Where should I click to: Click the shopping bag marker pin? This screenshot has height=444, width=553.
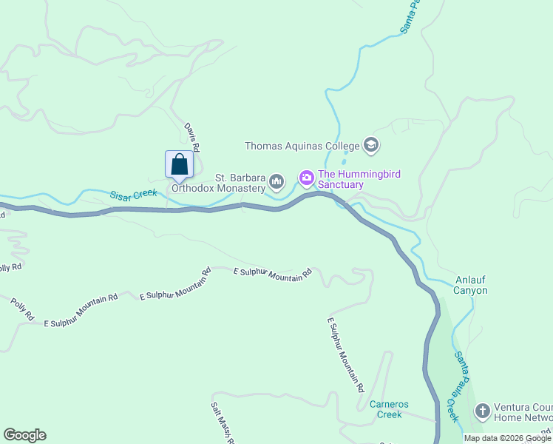pyautogui.click(x=179, y=165)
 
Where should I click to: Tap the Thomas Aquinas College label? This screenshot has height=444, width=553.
pyautogui.click(x=302, y=146)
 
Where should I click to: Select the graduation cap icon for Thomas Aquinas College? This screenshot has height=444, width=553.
pyautogui.click(x=371, y=145)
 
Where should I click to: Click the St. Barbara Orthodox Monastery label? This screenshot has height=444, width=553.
pyautogui.click(x=219, y=183)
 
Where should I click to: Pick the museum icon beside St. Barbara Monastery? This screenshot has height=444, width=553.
pyautogui.click(x=277, y=181)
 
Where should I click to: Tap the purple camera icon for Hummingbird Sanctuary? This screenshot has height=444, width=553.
pyautogui.click(x=306, y=178)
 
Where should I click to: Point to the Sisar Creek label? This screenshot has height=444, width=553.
pyautogui.click(x=134, y=195)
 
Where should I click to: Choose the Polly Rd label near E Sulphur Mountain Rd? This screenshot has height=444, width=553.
pyautogui.click(x=22, y=309)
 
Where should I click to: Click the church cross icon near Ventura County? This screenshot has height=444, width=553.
pyautogui.click(x=482, y=410)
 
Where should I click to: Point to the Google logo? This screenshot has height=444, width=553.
pyautogui.click(x=24, y=435)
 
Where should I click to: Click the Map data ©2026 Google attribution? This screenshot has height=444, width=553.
pyautogui.click(x=507, y=438)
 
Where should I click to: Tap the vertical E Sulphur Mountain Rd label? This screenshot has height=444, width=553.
pyautogui.click(x=346, y=355)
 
